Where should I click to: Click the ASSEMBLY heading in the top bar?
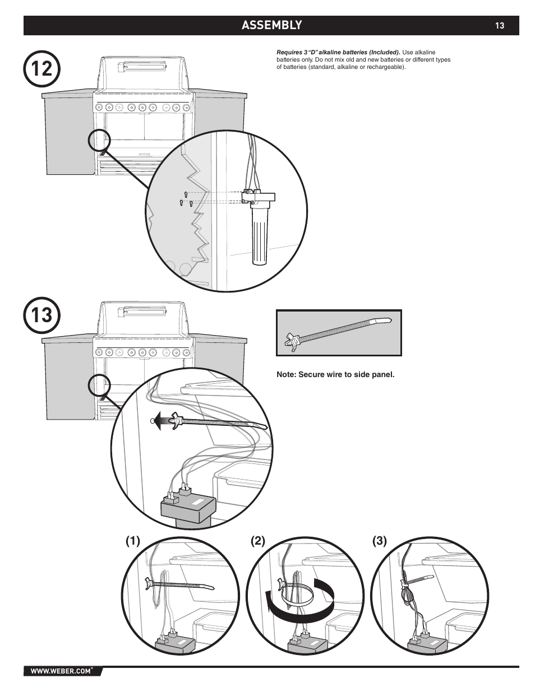tap(271, 25)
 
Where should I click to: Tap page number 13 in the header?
tap(500, 26)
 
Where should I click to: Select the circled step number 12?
tap(41, 69)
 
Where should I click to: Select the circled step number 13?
tap(41, 315)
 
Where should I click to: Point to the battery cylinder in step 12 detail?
tap(260, 236)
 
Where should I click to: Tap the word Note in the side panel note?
tap(286, 374)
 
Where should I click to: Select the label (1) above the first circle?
tap(133, 541)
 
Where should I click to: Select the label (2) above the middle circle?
tap(258, 541)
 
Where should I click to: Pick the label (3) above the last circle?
tap(380, 541)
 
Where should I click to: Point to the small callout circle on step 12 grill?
tap(99, 140)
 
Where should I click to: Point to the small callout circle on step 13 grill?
tap(99, 386)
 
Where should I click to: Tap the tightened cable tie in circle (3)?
tap(416, 581)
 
